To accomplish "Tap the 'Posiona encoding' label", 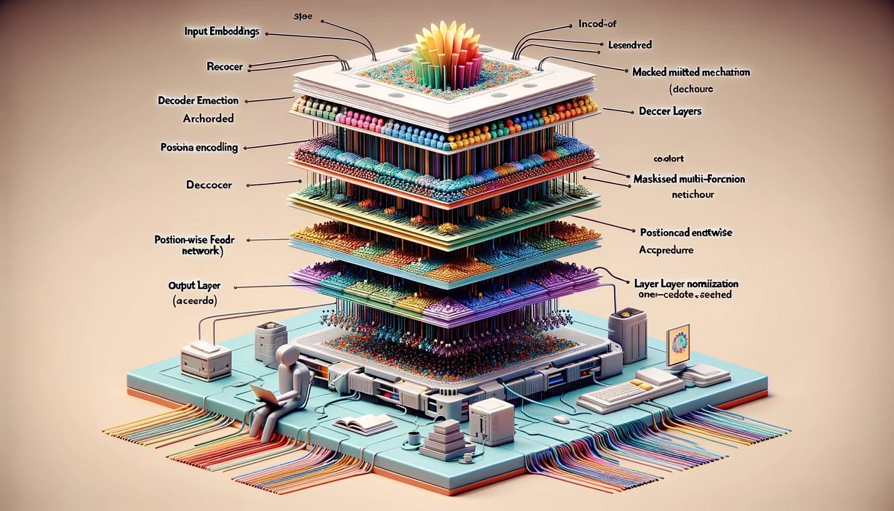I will click(199, 147).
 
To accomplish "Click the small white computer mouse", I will click(561, 418).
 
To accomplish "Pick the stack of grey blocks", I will click(446, 439).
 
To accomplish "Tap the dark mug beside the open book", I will click(414, 439).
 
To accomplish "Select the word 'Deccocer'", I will click(208, 184).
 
